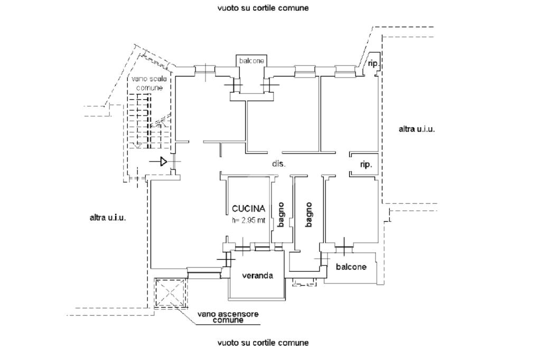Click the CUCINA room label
[x=248, y=209]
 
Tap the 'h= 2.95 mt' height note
[x=248, y=221]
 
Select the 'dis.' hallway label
[x=278, y=164]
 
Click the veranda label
[x=257, y=276]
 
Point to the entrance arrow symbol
[x=163, y=162]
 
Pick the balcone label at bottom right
[x=351, y=267]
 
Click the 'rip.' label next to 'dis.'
[x=366, y=165]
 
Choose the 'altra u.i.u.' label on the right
[x=416, y=129]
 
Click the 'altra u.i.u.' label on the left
[x=108, y=217]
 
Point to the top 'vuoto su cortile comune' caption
[x=263, y=8]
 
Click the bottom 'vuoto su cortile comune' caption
[x=263, y=343]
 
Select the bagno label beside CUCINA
[x=281, y=215]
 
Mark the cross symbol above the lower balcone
[x=344, y=244]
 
